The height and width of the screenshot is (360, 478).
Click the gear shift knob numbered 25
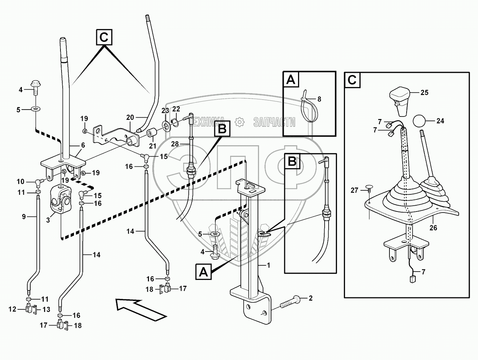pyautogui.click(x=400, y=96)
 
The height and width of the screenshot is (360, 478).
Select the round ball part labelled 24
pyautogui.click(x=420, y=121)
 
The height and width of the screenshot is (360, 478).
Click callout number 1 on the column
pyautogui.click(x=269, y=265)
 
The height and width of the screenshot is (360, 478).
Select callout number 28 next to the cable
pyautogui.click(x=175, y=145)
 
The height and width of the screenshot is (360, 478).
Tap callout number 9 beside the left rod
pyautogui.click(x=20, y=181)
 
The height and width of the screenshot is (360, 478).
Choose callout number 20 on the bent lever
pyautogui.click(x=130, y=117)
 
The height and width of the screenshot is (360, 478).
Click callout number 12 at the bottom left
pyautogui.click(x=12, y=309)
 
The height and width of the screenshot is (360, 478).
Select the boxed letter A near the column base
pyautogui.click(x=204, y=272)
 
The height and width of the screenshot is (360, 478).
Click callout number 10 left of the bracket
pyautogui.click(x=20, y=181)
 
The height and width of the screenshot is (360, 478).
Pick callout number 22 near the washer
pyautogui.click(x=176, y=109)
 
